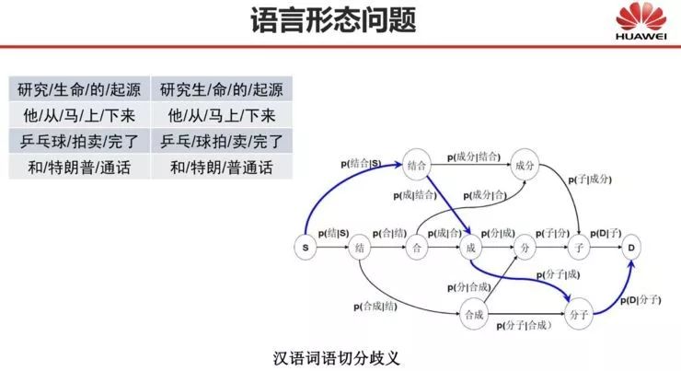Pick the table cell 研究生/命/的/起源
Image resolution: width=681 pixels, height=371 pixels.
(221, 90)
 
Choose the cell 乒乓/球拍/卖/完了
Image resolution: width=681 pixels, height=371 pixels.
(221, 142)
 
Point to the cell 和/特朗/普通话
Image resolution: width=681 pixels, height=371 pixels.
(221, 168)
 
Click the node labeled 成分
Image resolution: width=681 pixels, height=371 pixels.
(525, 166)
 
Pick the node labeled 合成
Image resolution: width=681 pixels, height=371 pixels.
(473, 315)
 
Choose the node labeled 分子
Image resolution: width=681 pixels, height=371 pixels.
(579, 315)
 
